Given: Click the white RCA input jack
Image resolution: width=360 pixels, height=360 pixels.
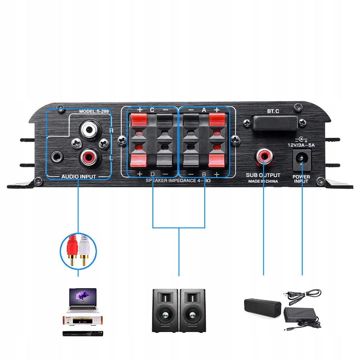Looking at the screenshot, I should (88, 128).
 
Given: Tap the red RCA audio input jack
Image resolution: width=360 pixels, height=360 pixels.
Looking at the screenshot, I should (88, 156).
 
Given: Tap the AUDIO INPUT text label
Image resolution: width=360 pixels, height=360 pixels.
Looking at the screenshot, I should (79, 176).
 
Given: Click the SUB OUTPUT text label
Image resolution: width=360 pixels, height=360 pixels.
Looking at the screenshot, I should (263, 175).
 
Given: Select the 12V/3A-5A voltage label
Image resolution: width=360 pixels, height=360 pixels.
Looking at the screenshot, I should (301, 145).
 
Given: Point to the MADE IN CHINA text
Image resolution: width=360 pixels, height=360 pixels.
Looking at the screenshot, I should (263, 181).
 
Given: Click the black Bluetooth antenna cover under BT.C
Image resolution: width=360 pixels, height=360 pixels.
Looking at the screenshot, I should (274, 122).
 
